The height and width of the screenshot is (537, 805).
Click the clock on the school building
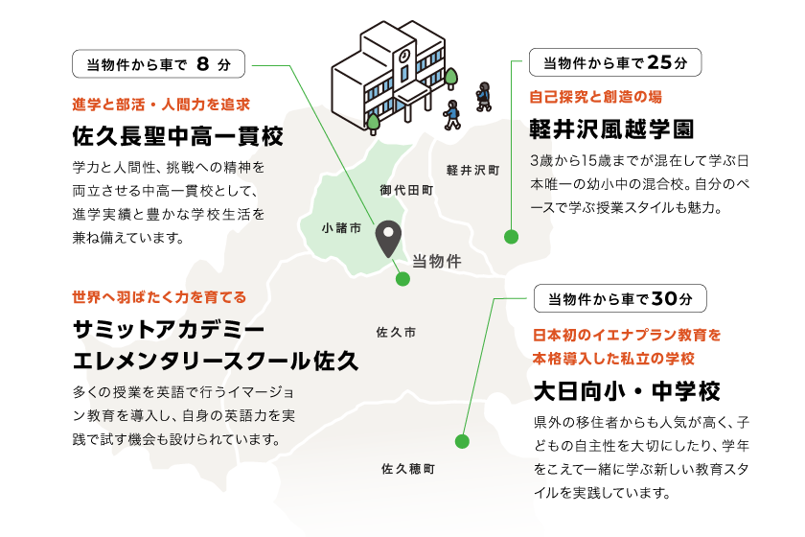coord(404,56)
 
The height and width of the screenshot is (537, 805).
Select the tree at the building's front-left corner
coord(373,123)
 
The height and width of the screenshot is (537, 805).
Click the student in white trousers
coord(452,114)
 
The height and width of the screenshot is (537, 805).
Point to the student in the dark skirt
coord(484,95)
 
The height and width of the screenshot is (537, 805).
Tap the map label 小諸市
coord(342,228)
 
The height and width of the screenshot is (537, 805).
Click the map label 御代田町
coord(406,191)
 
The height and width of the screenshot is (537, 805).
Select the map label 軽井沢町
coord(472,171)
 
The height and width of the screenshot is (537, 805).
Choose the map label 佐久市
coord(397,333)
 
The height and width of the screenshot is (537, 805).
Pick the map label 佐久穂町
coord(408,469)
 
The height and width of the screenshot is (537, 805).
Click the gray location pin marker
coord(388,237)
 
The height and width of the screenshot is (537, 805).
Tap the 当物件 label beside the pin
coord(437,261)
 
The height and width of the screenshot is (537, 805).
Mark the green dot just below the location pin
coord(402,279)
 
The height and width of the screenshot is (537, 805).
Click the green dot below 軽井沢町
coord(511,237)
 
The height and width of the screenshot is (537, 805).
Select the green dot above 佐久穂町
coord(462,441)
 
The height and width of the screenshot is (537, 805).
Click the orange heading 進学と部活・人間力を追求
coord(161,105)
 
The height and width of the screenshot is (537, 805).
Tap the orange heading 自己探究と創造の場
coord(595,97)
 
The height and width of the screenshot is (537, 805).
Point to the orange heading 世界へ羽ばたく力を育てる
coord(159,297)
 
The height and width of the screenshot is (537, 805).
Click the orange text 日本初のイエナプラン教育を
coord(627,335)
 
